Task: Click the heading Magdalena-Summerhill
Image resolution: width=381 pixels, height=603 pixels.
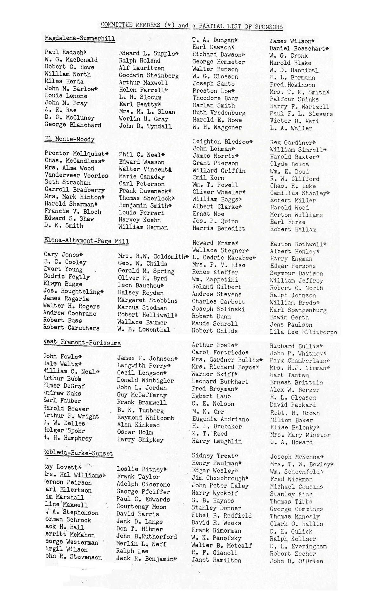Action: (80, 39)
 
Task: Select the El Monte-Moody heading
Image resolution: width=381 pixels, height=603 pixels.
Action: (70, 139)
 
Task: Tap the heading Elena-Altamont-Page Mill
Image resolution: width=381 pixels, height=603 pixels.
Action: (86, 241)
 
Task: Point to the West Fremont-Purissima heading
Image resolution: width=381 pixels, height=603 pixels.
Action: (82, 342)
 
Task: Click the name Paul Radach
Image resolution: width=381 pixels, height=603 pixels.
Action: (66, 52)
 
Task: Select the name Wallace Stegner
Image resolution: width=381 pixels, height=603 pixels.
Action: (220, 251)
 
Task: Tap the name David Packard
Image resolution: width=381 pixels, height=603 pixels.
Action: (293, 405)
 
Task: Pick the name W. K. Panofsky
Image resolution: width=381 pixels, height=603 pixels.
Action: (216, 538)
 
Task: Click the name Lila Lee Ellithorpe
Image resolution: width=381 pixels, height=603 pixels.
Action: (303, 332)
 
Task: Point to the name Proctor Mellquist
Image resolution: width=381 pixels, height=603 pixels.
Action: (76, 154)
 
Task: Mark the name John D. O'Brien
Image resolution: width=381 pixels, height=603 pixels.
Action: (297, 561)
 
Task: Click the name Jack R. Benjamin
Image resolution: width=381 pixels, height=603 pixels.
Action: (146, 559)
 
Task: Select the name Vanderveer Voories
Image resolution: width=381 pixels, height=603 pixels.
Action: (76, 175)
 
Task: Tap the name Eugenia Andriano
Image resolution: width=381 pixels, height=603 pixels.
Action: (220, 419)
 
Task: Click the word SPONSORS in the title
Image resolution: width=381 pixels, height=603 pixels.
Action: (263, 27)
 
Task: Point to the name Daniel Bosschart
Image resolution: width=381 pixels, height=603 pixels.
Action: (299, 49)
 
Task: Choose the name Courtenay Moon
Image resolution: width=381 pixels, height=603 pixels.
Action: (141, 507)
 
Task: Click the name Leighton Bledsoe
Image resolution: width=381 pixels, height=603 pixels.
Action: (222, 141)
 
